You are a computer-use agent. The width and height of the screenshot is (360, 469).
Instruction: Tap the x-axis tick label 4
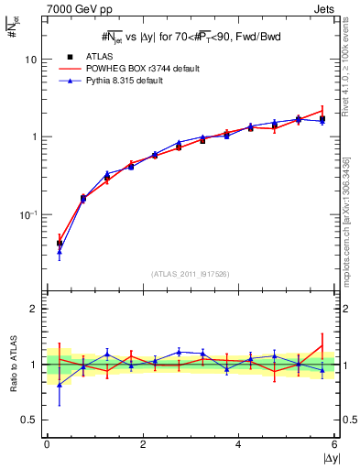pos(239,444)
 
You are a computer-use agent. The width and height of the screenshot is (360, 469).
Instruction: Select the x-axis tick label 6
pos(334,444)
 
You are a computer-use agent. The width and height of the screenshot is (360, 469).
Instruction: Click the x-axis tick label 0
pos(47,444)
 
